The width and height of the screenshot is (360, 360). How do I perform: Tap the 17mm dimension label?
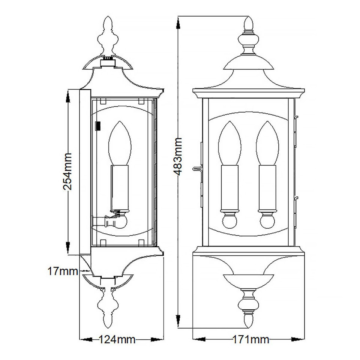coord(62,271)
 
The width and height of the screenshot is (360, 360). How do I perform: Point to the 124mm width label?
coord(117,340)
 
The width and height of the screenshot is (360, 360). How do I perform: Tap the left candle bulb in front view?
coord(229,144)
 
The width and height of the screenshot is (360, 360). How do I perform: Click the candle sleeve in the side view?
coord(120,187)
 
